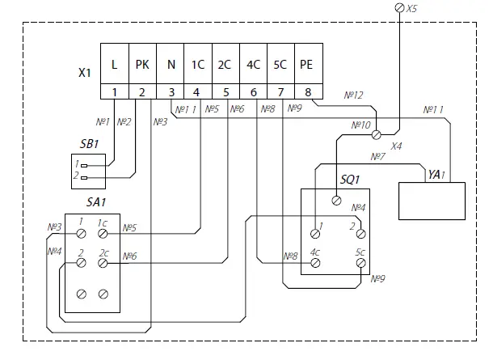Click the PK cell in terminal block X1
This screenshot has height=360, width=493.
pyautogui.click(x=142, y=64)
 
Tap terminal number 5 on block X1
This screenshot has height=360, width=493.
pyautogui.click(x=226, y=92)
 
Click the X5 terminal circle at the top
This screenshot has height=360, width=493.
pyautogui.click(x=399, y=7)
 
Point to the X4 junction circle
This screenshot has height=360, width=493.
pyautogui.click(x=377, y=135)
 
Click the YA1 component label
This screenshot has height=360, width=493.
pyautogui.click(x=436, y=174)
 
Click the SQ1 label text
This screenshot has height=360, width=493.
pyautogui.click(x=350, y=180)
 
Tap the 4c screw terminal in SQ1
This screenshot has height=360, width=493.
pyautogui.click(x=315, y=263)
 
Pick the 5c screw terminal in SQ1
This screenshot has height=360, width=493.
pyautogui.click(x=361, y=263)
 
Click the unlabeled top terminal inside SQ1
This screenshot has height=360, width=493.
pyautogui.click(x=336, y=201)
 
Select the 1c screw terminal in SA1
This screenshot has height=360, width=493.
pyautogui.click(x=103, y=234)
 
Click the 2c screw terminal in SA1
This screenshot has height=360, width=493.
pyautogui.click(x=103, y=263)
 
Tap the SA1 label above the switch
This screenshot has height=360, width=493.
pyautogui.click(x=96, y=202)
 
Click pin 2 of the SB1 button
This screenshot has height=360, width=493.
pyautogui.click(x=83, y=178)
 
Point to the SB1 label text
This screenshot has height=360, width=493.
pyautogui.click(x=89, y=144)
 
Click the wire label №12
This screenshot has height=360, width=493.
pyautogui.click(x=353, y=95)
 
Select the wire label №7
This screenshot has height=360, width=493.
pyautogui.click(x=377, y=156)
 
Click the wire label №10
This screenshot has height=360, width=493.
pyautogui.click(x=361, y=125)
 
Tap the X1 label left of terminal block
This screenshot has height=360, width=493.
pyautogui.click(x=85, y=73)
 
